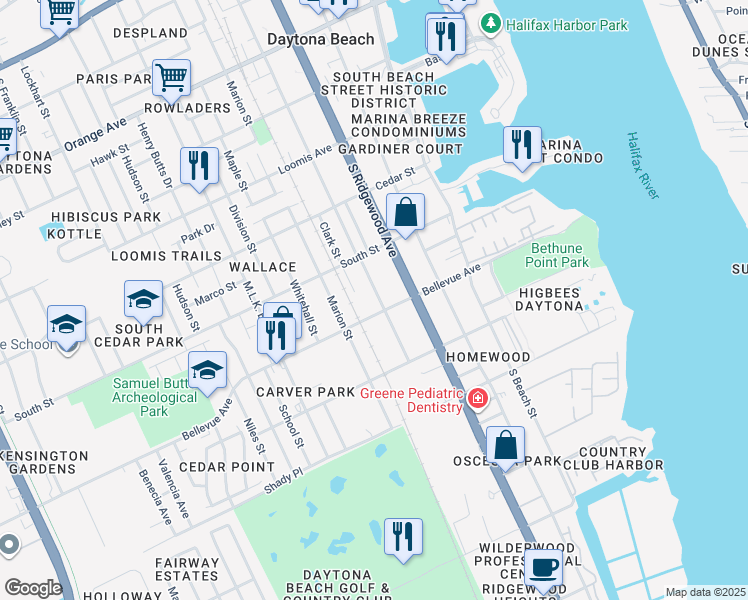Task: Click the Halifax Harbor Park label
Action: point(567,24)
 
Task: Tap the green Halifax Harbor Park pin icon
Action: point(490,23)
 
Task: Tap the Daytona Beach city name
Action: point(321,39)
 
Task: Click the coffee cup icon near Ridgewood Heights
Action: point(543,567)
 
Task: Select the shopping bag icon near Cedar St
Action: point(405,212)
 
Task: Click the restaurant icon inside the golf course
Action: point(403,536)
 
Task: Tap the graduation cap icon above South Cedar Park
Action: point(143,299)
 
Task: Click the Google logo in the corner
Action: point(33,588)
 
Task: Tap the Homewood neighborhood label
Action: point(488,357)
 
